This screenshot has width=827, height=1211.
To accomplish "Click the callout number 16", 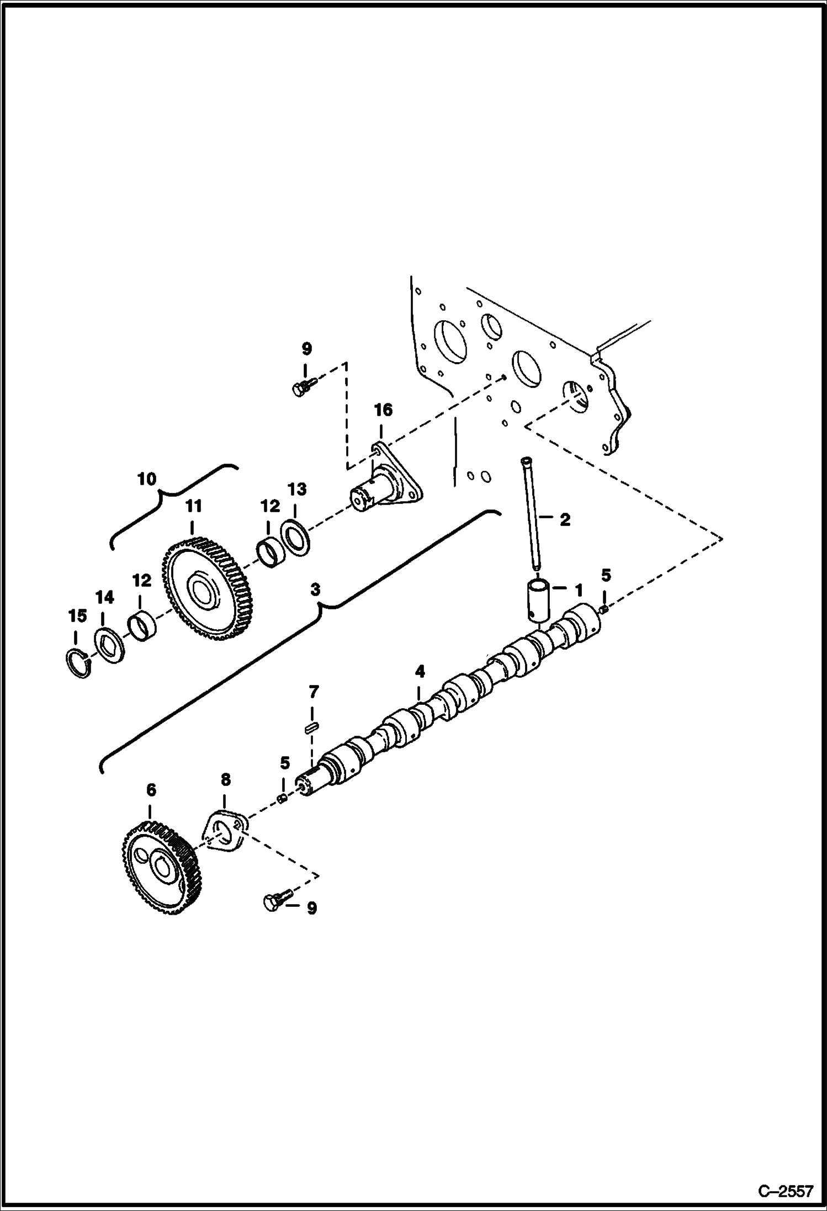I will [383, 410].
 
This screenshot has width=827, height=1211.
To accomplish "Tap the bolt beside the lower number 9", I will [274, 902].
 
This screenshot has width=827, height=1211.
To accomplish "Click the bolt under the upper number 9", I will [302, 386].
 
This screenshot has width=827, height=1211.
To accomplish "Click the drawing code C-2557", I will [786, 1191].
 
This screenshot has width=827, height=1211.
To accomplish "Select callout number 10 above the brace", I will [147, 479].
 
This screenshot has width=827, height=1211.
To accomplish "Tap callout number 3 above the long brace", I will [315, 589].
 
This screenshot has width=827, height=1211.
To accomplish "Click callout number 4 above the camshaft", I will [420, 672].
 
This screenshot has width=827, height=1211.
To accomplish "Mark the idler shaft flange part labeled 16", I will [386, 480].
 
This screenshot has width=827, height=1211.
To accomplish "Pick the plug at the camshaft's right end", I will [604, 609].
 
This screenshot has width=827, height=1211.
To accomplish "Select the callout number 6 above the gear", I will [151, 790].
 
